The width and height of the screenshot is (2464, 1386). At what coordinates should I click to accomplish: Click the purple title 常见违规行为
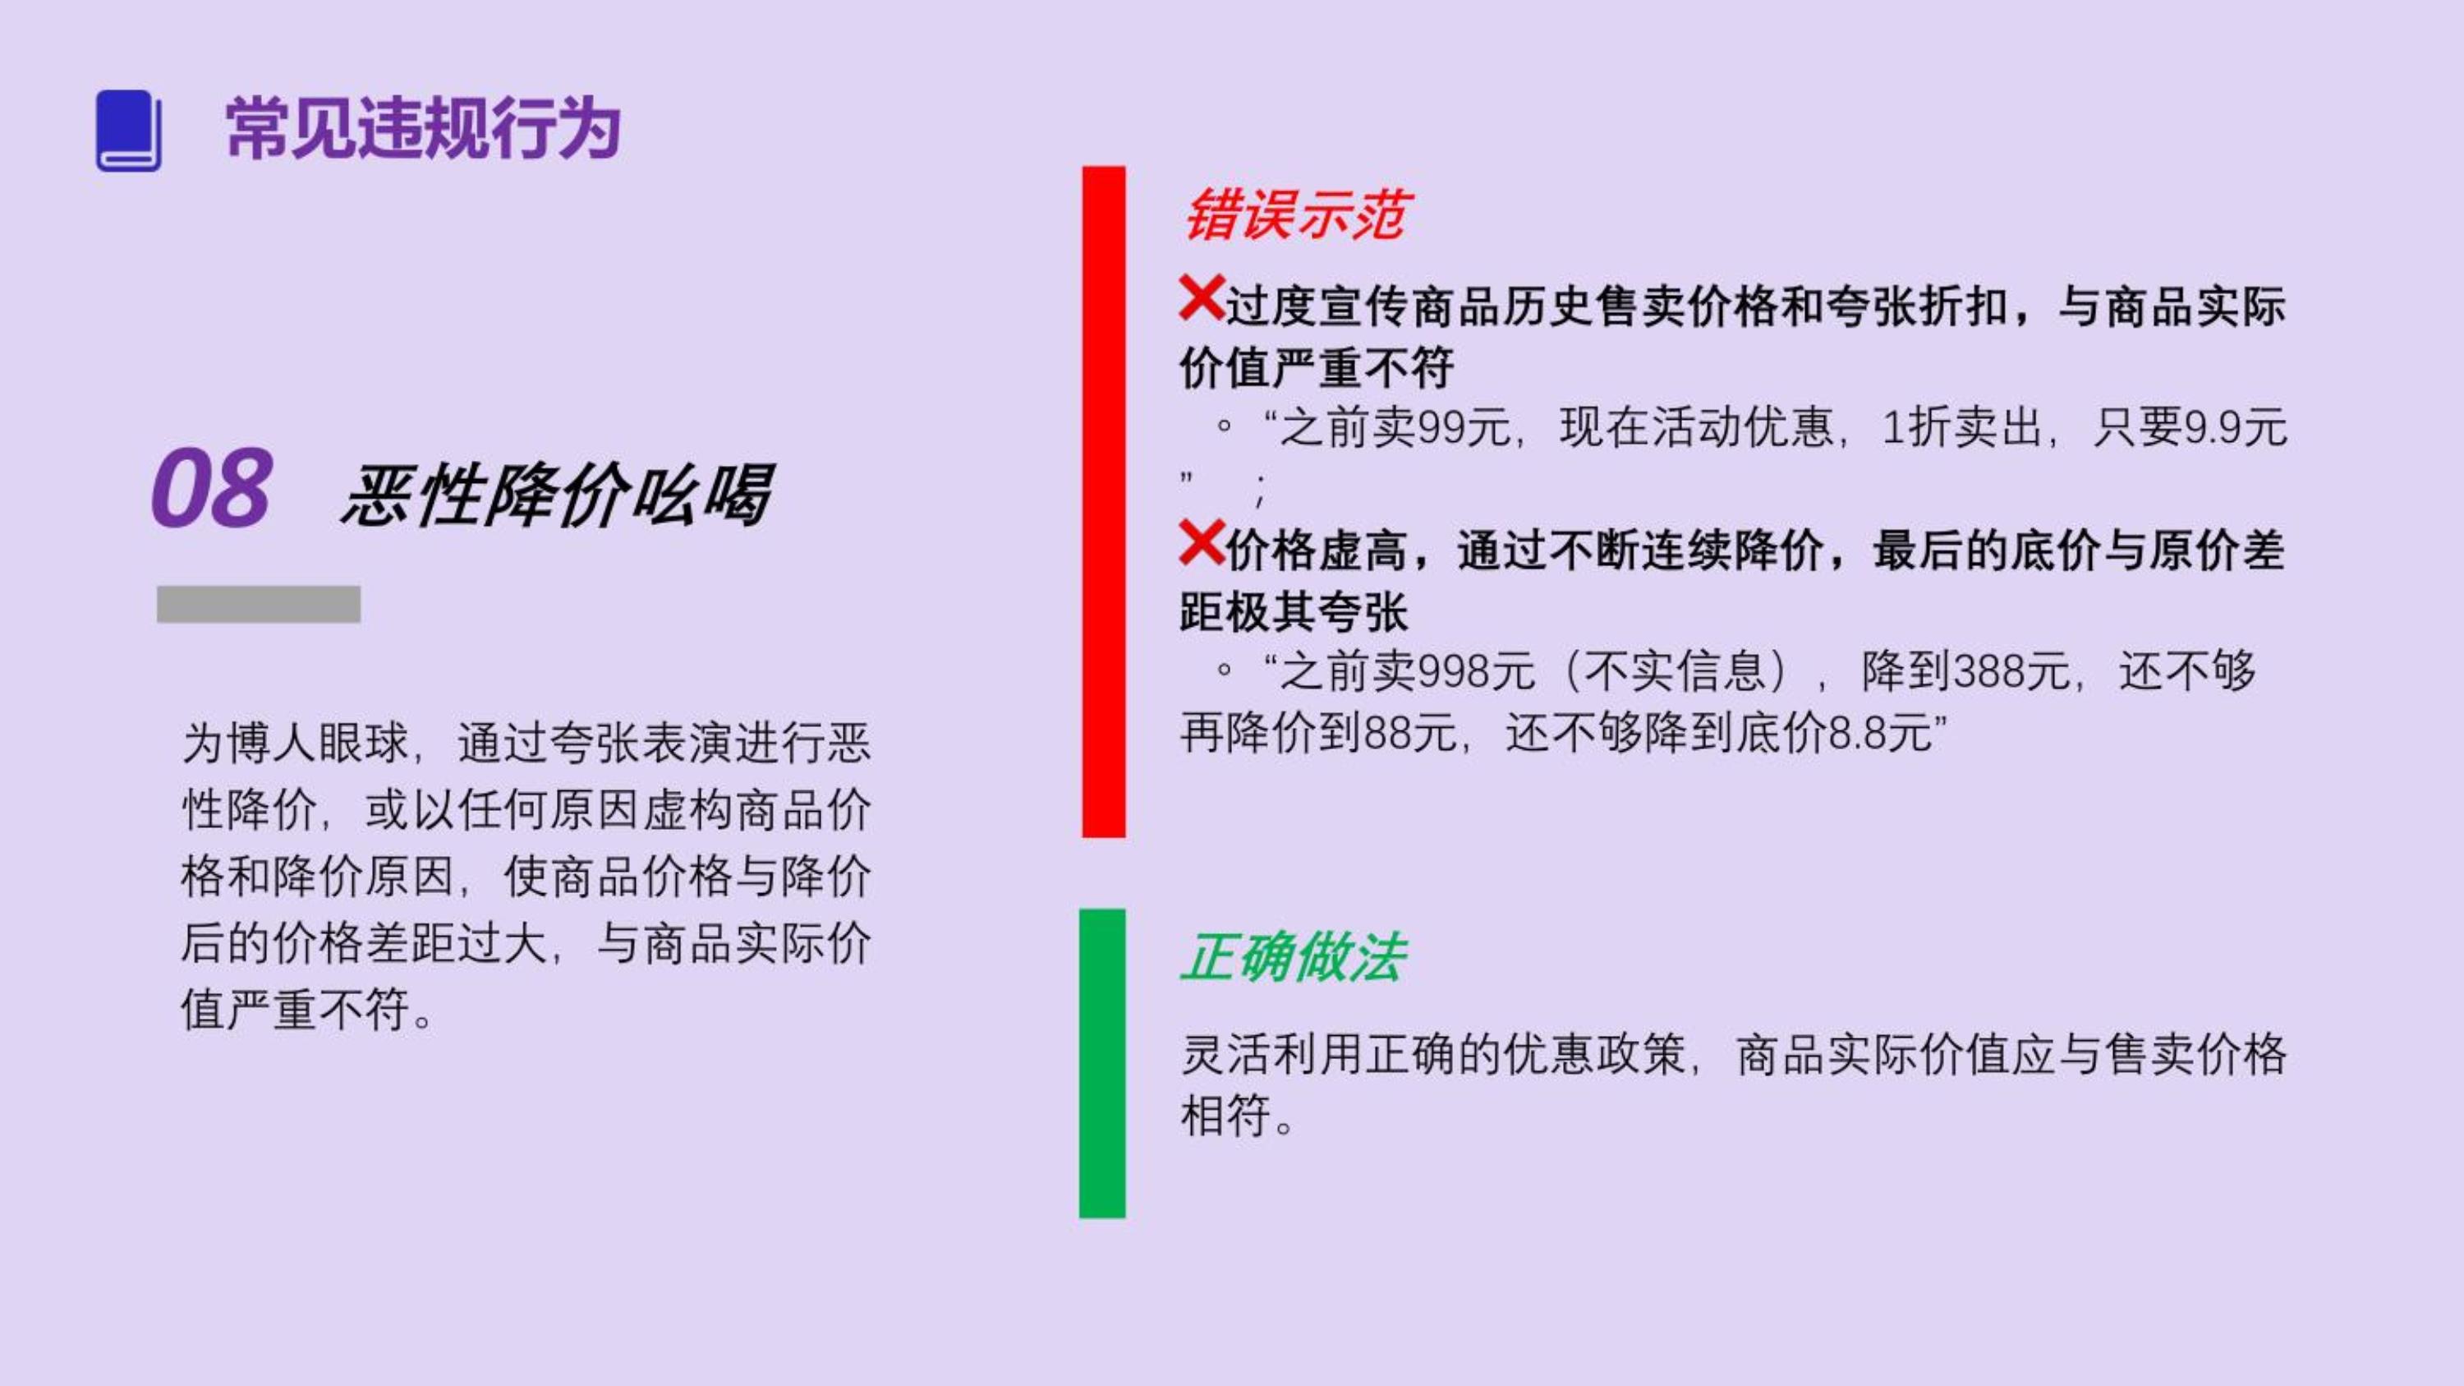click(x=424, y=128)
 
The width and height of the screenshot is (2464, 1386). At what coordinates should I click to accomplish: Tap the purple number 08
click(x=211, y=488)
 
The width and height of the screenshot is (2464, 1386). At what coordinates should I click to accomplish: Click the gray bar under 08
click(x=258, y=605)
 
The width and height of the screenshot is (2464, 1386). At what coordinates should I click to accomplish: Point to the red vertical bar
click(x=1104, y=502)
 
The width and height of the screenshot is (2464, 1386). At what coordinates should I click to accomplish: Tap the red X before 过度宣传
click(x=1202, y=297)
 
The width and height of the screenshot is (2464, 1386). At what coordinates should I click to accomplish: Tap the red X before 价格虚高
click(x=1202, y=542)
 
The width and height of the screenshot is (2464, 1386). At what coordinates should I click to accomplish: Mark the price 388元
click(x=2011, y=670)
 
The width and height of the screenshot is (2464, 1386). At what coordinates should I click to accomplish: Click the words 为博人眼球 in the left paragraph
click(x=296, y=744)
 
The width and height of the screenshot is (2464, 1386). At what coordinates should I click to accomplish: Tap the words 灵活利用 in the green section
click(x=1272, y=1054)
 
